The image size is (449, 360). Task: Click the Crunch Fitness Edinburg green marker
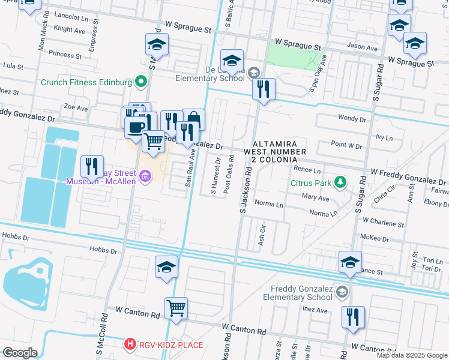142,82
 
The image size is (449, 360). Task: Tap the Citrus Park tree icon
340,181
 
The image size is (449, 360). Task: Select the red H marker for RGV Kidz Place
129,344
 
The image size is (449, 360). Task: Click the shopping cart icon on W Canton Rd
176,308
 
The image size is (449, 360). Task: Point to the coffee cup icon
135,127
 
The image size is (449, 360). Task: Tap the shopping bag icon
193,119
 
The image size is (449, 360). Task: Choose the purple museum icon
145,176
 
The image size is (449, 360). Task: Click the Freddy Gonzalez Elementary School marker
342,292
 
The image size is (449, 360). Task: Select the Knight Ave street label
69,29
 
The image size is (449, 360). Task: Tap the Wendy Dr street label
352,119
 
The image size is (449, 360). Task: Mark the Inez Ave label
315,310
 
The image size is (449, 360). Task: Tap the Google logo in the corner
20,353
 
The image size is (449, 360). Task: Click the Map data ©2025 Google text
412,355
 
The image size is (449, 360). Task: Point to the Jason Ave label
362,47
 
